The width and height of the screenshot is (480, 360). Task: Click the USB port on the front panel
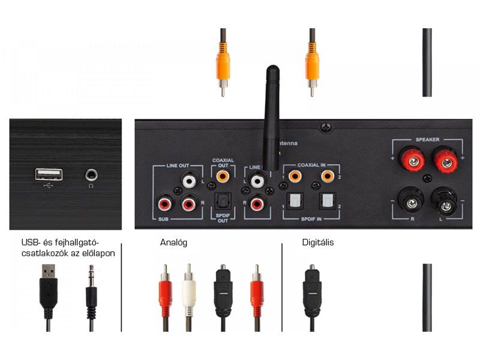point(49,174)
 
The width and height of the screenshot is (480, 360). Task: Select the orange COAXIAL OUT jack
point(223,177)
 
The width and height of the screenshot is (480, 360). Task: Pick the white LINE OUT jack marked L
point(190,179)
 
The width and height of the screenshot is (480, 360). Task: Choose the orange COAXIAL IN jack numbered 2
point(327,177)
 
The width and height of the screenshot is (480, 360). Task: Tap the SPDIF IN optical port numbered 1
point(295,200)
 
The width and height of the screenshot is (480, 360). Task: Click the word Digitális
point(318,243)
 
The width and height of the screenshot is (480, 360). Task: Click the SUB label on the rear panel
point(163,220)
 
